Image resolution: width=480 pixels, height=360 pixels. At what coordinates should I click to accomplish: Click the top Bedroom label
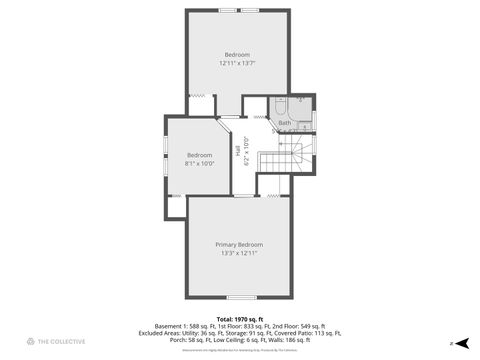pos(237,54)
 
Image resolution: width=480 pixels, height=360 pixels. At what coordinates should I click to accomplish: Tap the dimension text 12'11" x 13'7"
pos(237,63)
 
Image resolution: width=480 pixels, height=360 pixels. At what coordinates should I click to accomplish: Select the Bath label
pos(285,123)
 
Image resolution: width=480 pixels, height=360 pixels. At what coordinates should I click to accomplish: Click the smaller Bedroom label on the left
pos(200,154)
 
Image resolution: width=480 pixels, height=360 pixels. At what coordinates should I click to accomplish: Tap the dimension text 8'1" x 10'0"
pos(200,163)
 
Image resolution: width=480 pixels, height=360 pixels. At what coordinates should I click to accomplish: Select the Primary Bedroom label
pos(239,244)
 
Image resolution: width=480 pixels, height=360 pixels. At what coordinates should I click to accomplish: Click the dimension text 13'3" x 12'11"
pos(239,253)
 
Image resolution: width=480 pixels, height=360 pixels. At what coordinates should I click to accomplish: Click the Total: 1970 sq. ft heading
pos(239,316)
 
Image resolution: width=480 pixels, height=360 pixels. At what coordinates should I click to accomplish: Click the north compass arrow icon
pos(453,343)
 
